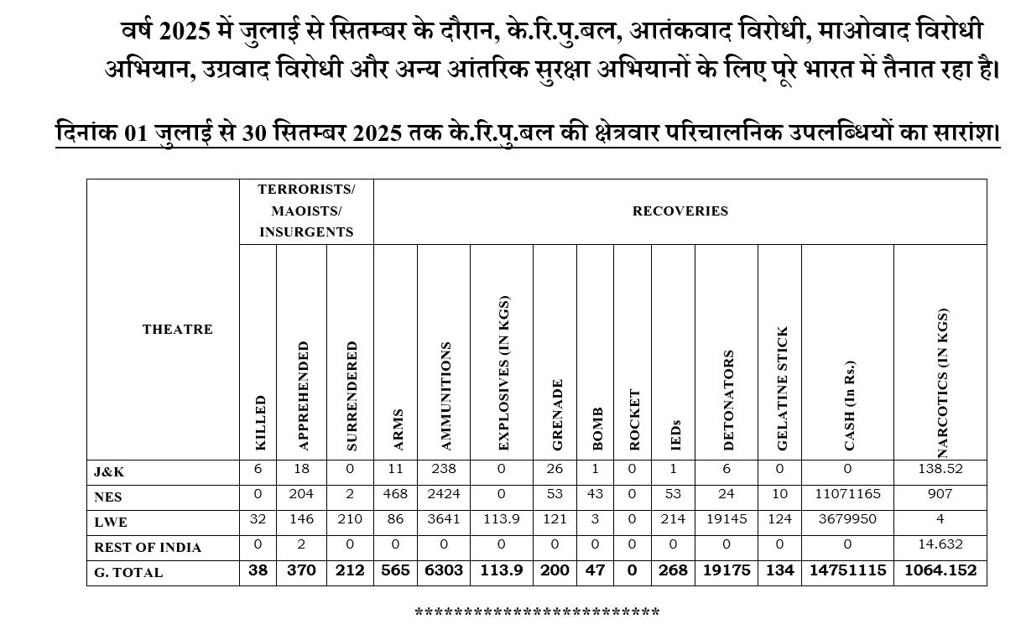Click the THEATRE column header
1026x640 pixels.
177,330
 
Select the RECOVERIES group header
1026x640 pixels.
680,211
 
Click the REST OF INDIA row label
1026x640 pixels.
148,548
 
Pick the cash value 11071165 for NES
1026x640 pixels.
847,494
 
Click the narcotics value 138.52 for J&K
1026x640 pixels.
940,469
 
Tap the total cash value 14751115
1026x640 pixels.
847,570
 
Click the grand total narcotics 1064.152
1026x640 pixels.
940,570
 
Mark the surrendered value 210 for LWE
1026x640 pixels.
350,519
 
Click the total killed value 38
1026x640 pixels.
258,570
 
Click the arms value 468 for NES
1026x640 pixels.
395,494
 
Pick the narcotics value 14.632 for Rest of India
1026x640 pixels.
940,544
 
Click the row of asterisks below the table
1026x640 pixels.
537,613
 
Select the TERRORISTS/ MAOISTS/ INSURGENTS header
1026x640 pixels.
306,211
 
